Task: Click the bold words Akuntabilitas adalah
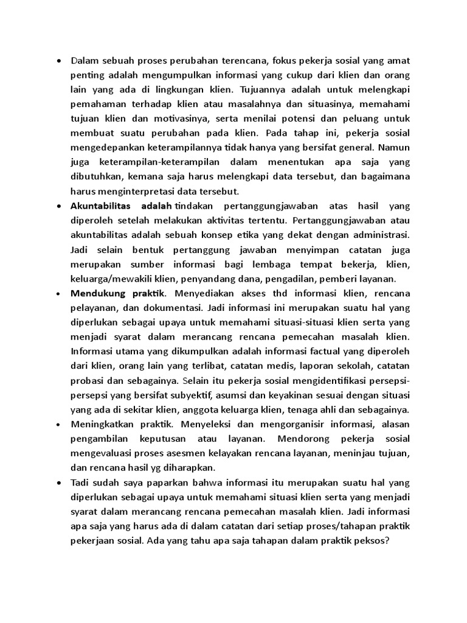(x=121, y=206)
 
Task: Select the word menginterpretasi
(x=136, y=192)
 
